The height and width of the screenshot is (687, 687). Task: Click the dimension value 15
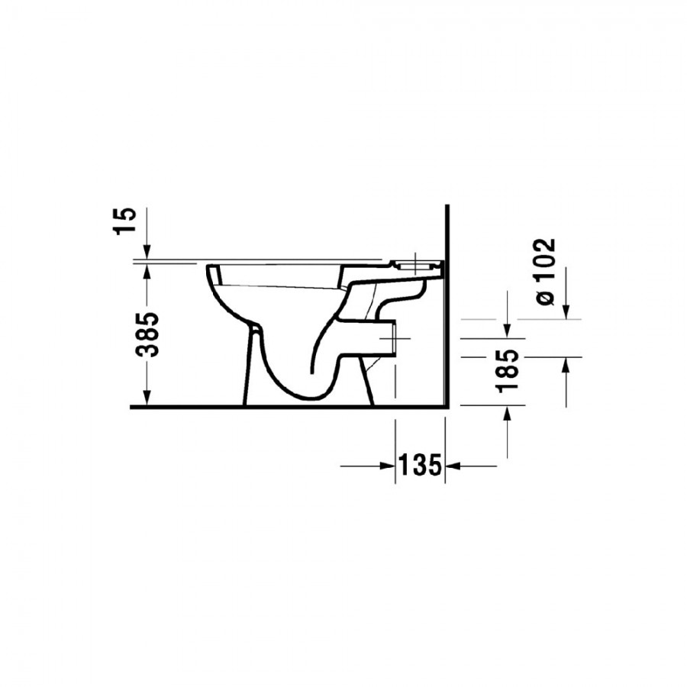(124, 221)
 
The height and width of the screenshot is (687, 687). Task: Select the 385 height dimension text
(147, 335)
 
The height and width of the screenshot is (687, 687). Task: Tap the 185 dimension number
(508, 371)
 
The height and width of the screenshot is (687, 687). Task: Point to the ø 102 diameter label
(544, 272)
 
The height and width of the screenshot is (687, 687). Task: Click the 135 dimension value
(420, 466)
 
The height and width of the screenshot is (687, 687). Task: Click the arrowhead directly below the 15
(147, 253)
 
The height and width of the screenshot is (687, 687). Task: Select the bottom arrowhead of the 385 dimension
(147, 398)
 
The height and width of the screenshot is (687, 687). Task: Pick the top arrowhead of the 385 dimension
(147, 273)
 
